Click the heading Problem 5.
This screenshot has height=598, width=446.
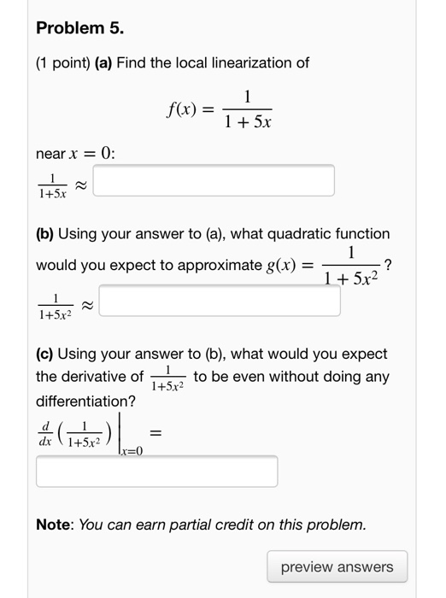(79, 28)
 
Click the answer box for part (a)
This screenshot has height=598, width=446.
(214, 180)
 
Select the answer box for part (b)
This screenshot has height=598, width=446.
(224, 302)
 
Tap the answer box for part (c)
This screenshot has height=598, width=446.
(156, 472)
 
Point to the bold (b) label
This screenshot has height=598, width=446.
(46, 233)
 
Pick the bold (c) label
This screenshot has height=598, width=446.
(46, 354)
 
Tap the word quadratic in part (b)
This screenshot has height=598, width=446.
(294, 233)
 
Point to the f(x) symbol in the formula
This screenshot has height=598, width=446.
(183, 110)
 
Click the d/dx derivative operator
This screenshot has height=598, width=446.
(44, 436)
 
